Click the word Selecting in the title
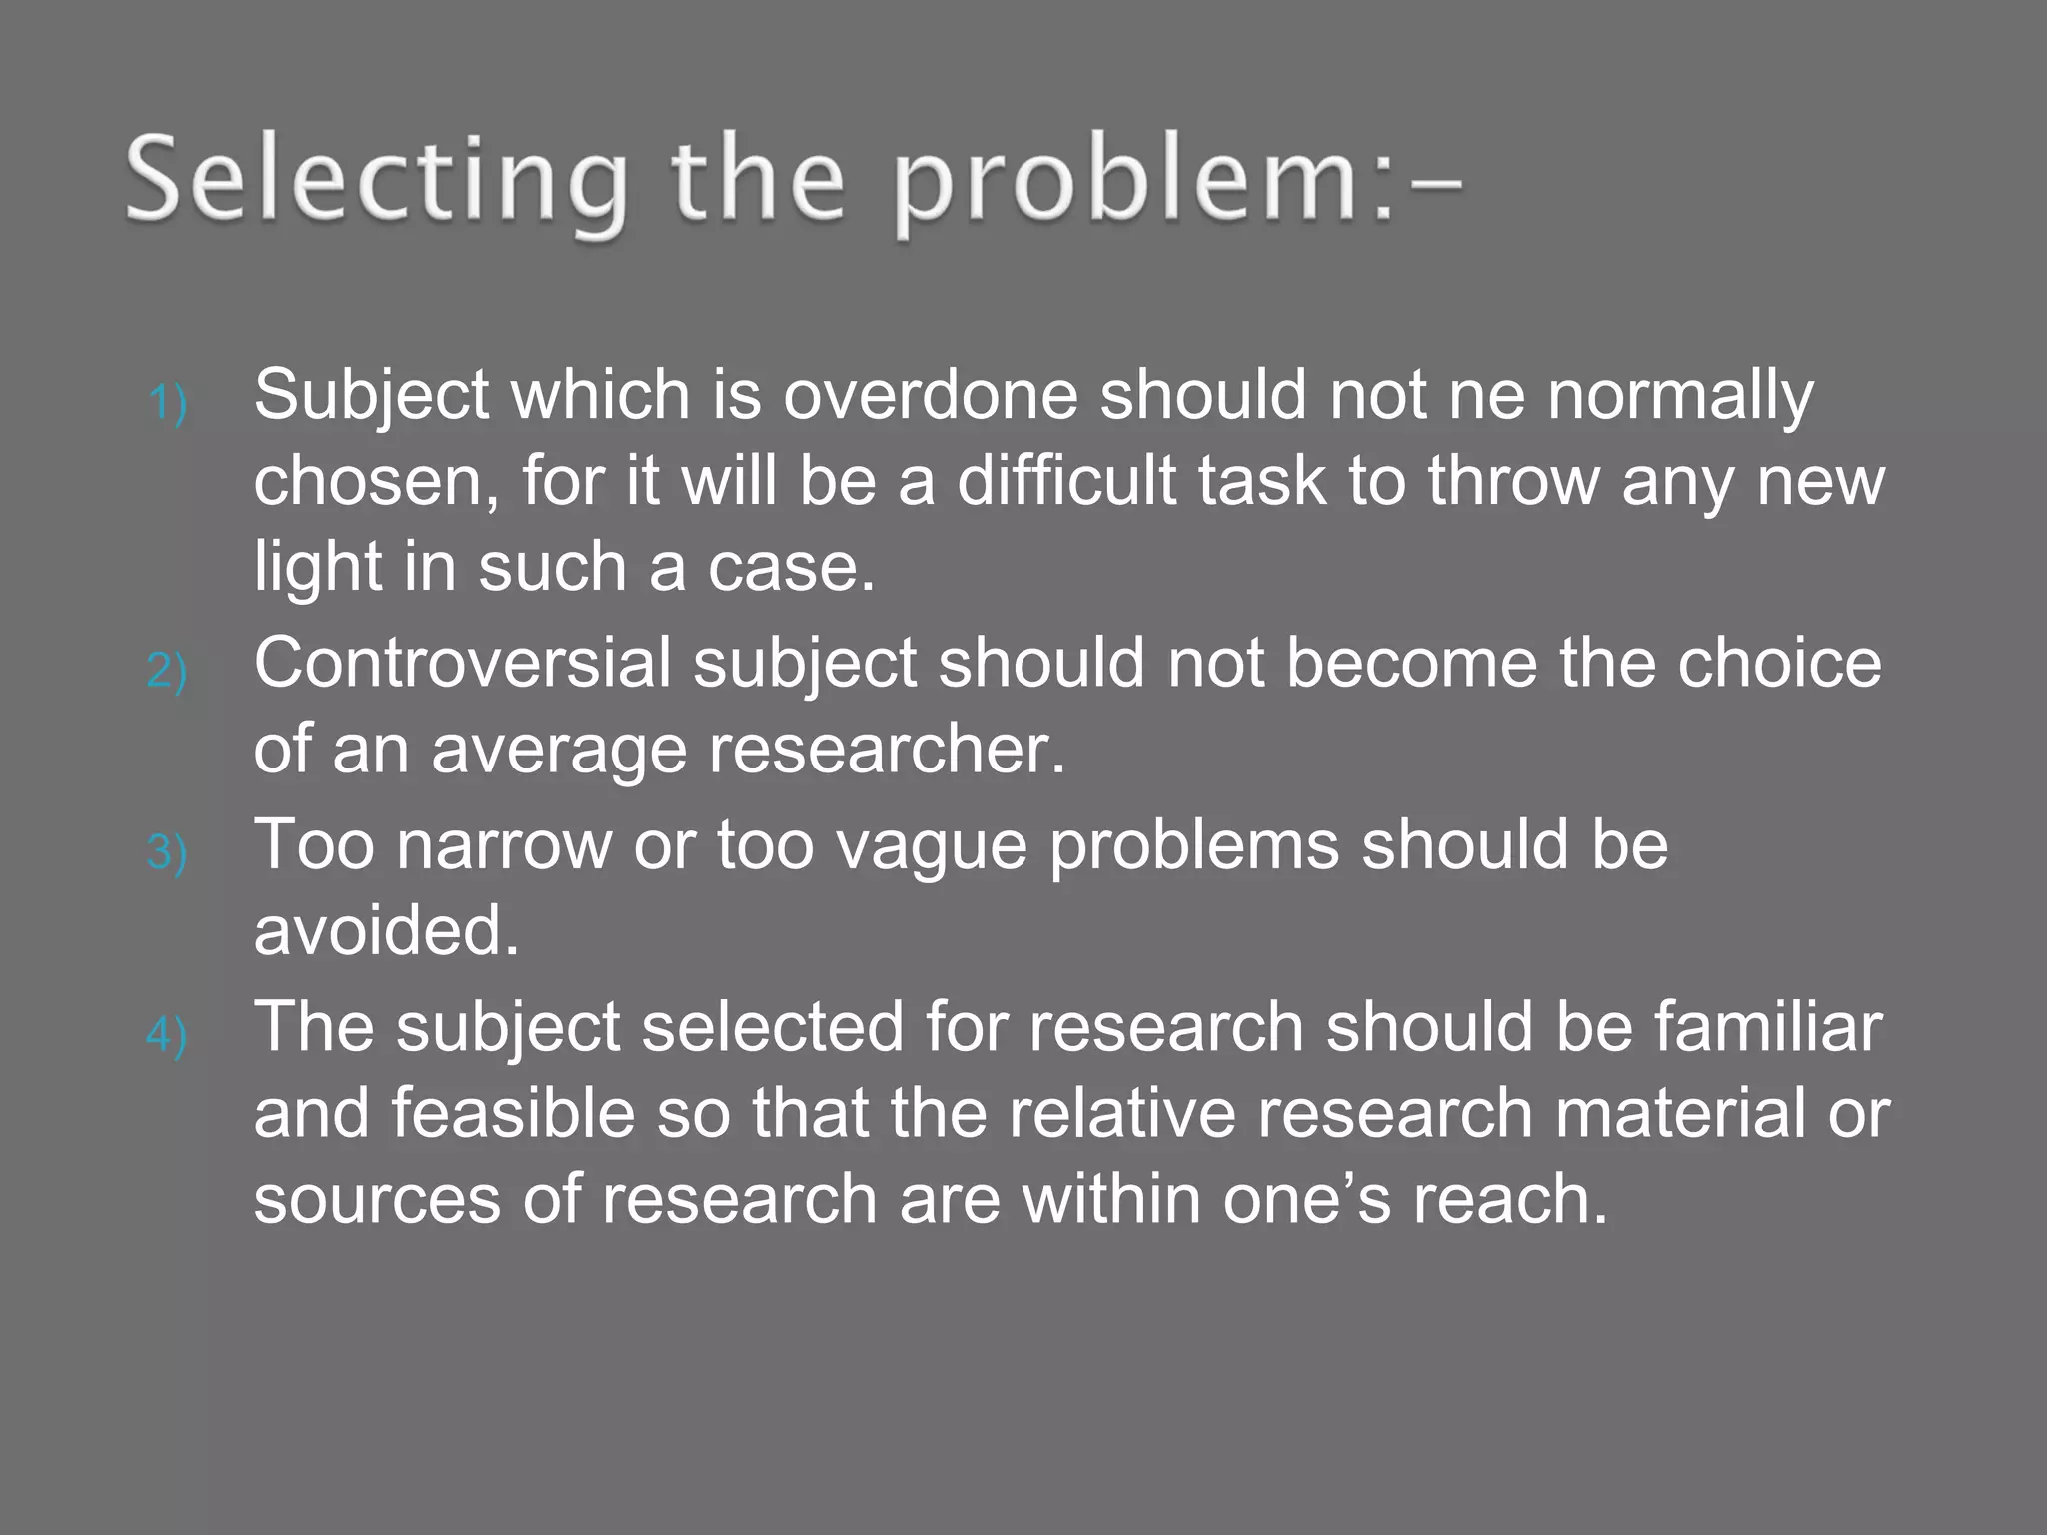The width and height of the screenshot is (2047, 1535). click(x=376, y=183)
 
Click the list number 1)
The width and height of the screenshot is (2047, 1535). click(x=167, y=404)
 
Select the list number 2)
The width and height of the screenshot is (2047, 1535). click(x=167, y=670)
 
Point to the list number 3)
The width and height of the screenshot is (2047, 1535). click(x=167, y=852)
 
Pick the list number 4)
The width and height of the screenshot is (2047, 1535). click(x=167, y=1035)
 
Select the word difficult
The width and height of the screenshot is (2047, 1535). click(x=1065, y=481)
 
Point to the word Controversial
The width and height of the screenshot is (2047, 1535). click(x=462, y=663)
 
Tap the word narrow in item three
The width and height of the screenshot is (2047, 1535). click(x=503, y=845)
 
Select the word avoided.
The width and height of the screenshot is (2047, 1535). click(x=386, y=931)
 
